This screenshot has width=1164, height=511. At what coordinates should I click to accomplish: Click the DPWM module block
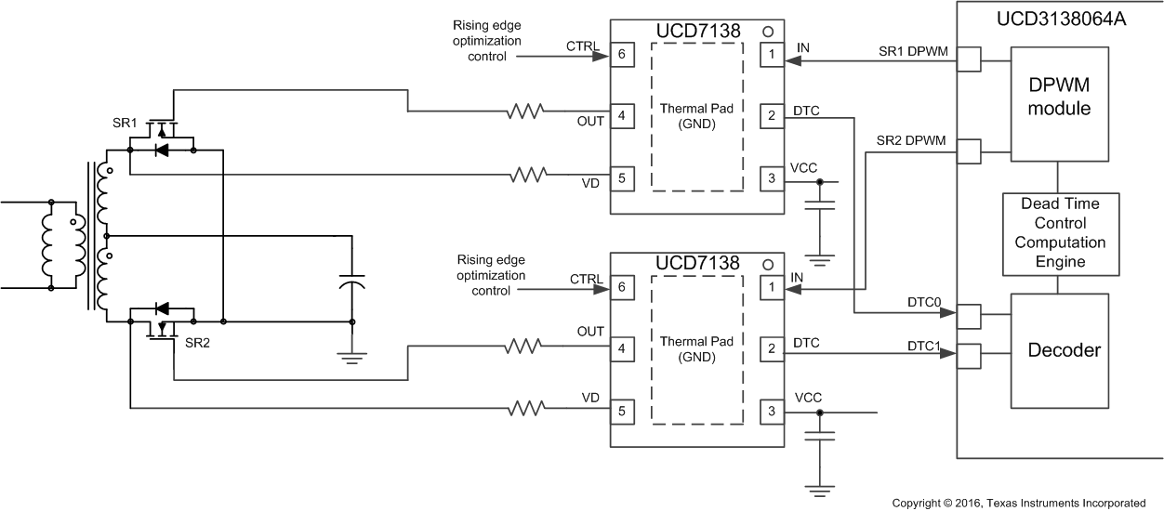tap(1060, 98)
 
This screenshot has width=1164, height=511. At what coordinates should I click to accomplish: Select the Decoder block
tap(1060, 350)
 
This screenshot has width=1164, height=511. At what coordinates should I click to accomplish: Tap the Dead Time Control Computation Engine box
tap(1060, 233)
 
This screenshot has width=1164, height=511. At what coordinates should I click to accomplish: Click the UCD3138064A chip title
tap(1060, 18)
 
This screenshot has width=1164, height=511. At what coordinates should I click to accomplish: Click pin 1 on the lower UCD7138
tap(771, 289)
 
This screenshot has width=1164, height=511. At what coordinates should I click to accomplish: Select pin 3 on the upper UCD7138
tap(771, 179)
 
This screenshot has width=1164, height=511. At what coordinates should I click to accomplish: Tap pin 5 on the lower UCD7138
tap(620, 410)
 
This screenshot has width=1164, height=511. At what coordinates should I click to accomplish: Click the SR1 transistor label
tap(124, 124)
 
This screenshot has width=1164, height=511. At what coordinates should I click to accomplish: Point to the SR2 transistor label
tap(198, 343)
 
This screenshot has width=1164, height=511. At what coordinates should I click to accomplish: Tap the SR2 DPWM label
tap(911, 141)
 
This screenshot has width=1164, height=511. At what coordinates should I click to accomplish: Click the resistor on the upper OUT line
tap(525, 112)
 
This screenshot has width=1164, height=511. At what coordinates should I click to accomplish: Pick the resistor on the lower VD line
tap(525, 408)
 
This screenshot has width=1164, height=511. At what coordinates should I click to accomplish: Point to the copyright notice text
tap(1018, 503)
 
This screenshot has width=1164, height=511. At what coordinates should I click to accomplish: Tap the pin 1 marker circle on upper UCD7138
tap(769, 31)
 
